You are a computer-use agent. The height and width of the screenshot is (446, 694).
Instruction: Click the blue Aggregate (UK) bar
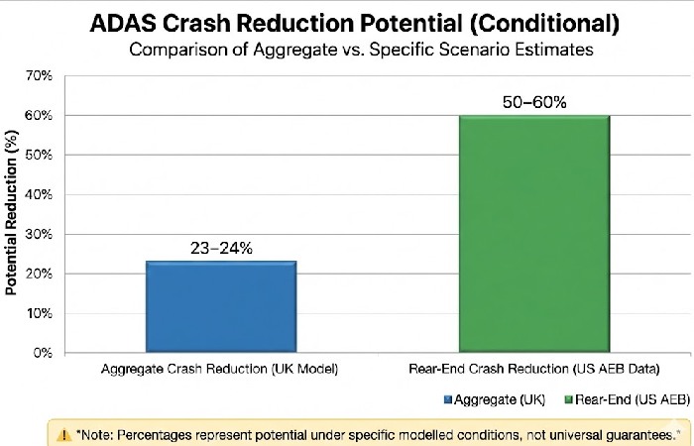pos(221,306)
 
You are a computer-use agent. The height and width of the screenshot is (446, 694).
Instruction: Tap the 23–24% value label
pos(221,249)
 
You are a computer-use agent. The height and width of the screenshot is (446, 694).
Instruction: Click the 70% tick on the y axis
pos(41,75)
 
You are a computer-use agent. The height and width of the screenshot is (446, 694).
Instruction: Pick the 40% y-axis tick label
pos(41,194)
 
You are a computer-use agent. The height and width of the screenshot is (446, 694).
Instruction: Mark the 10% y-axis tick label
pos(41,313)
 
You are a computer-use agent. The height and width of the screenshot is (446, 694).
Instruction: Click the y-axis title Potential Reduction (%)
pos(12,213)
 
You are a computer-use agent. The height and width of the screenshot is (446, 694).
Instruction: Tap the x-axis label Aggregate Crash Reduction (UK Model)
pos(221,370)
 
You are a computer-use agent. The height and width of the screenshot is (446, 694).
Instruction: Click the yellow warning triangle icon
pos(64,434)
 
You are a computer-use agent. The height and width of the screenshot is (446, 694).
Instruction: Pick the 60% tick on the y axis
pos(41,115)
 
